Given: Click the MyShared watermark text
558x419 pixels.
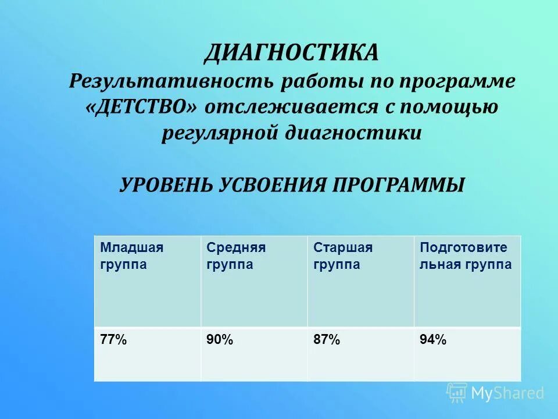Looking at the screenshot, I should (507, 393).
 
